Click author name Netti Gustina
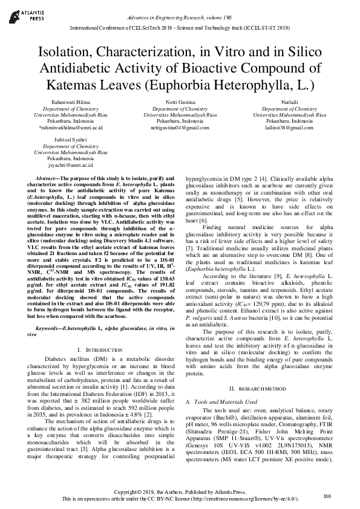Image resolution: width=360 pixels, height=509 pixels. [179, 103]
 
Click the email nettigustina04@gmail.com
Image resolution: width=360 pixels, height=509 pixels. [179, 128]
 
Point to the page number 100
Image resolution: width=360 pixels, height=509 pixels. [327, 496]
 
